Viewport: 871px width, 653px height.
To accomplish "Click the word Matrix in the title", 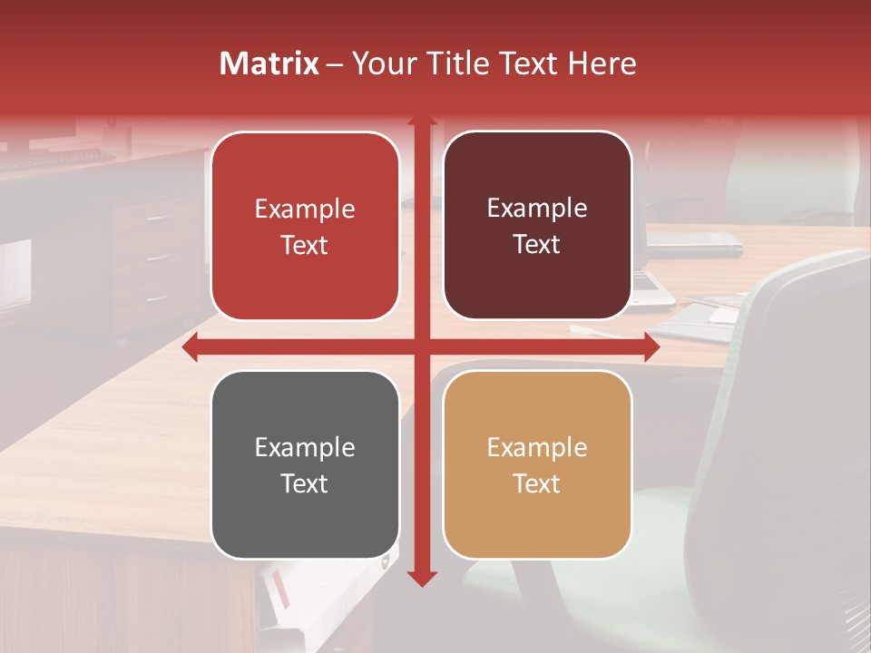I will pos(269,63).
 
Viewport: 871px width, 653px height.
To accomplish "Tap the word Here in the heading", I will pos(602,63).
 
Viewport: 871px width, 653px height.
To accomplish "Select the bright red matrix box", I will pos(305,227).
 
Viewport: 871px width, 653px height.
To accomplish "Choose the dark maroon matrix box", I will pos(537,226).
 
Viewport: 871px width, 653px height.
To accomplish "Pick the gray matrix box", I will pos(305,465).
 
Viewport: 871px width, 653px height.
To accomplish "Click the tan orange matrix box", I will pos(537,465).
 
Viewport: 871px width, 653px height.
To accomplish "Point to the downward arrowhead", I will pos(422,578).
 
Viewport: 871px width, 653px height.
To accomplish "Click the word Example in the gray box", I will pos(305,447).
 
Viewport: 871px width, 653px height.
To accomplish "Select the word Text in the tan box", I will pos(537,483).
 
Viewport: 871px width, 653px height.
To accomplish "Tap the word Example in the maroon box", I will pos(537,209).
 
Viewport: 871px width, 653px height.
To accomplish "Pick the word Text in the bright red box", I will pos(305,246).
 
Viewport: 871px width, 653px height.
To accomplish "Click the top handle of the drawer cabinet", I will pos(157,219).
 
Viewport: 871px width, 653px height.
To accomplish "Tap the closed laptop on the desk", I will pos(694,240).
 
